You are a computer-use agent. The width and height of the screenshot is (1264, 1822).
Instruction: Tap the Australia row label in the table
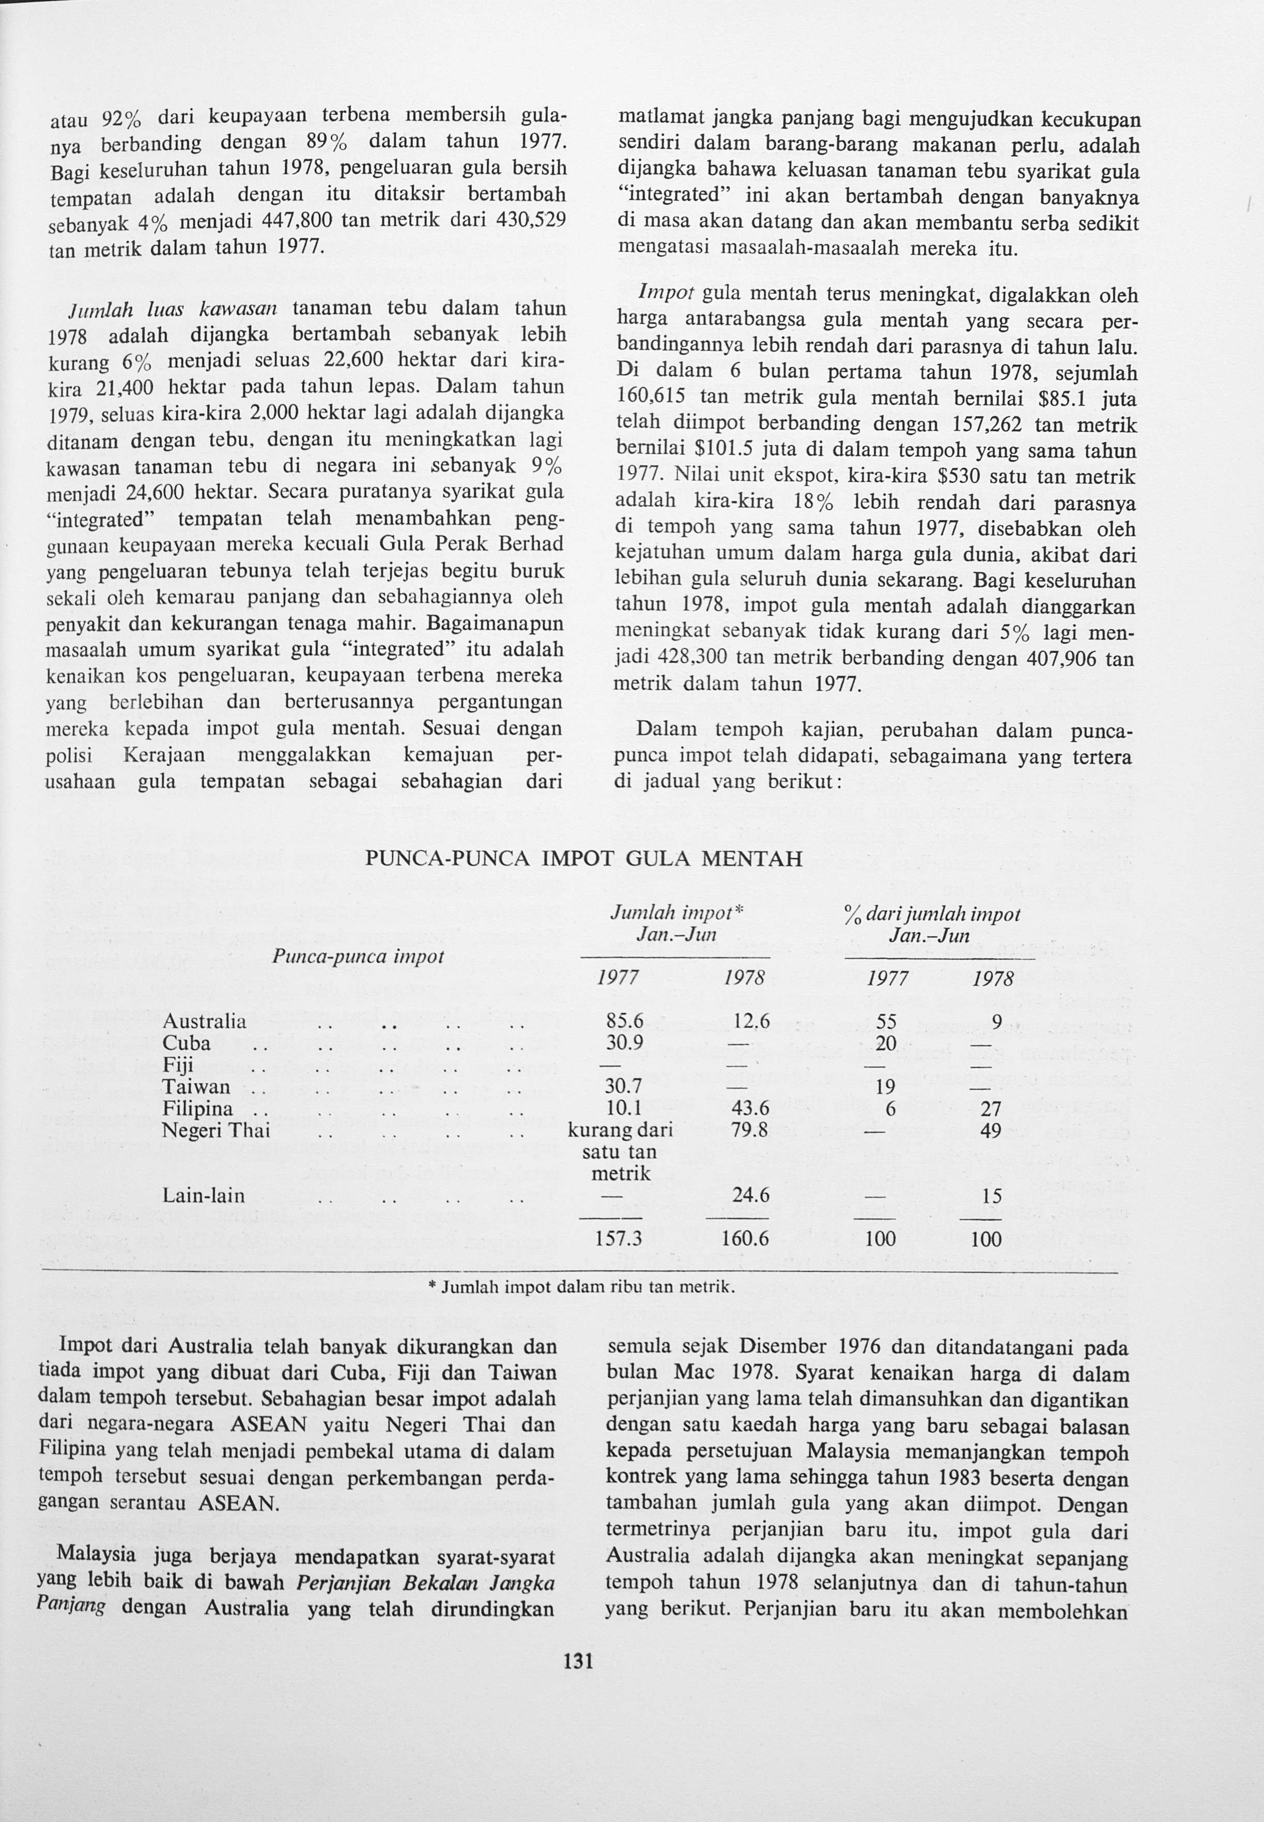(x=204, y=1021)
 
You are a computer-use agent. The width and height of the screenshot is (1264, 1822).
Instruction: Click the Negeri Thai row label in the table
(x=215, y=1130)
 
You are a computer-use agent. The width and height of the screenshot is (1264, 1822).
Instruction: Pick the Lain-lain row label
(x=204, y=1195)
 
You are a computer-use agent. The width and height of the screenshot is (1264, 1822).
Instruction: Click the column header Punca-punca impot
(x=358, y=956)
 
